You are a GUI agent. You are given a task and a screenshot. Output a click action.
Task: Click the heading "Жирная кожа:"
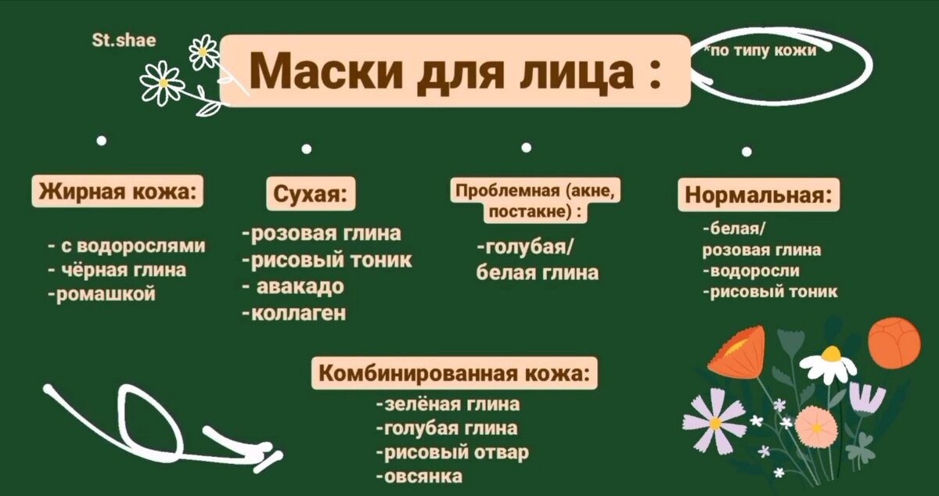(x=117, y=191)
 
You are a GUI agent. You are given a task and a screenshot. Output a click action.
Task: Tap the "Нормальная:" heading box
(x=757, y=195)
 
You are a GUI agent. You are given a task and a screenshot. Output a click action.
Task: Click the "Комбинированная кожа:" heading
(x=454, y=373)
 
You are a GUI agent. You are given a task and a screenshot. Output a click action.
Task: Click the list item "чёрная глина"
(x=117, y=271)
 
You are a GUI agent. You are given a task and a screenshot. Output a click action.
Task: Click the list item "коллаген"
(x=295, y=314)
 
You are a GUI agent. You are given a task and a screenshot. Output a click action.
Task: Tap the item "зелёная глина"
(x=448, y=404)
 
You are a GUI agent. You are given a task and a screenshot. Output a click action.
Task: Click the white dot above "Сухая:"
(x=307, y=147)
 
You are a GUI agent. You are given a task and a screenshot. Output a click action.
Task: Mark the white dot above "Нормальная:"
(x=747, y=151)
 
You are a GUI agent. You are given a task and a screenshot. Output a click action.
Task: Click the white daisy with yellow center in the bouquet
(x=829, y=361)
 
